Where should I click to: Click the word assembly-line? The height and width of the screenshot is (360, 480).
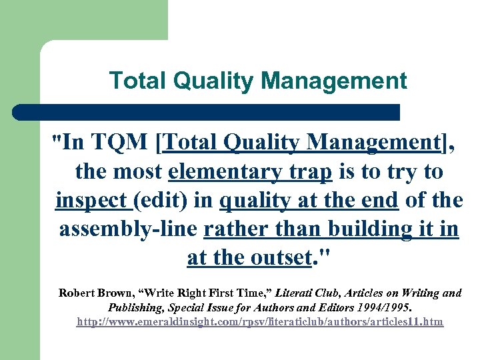(x=128, y=229)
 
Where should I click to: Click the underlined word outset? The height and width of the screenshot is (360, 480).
(x=278, y=257)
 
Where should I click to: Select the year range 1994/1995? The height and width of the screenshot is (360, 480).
(x=376, y=307)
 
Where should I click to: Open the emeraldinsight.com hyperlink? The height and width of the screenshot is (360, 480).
(x=259, y=322)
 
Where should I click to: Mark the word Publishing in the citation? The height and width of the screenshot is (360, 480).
(x=135, y=307)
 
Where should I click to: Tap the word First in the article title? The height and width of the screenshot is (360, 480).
(x=238, y=293)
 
